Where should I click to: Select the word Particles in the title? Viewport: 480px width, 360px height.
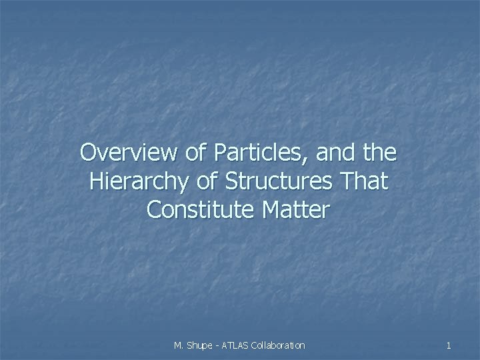(x=249, y=153)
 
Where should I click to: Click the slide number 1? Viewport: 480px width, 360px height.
(x=449, y=345)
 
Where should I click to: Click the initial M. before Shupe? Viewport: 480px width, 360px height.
(x=179, y=345)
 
